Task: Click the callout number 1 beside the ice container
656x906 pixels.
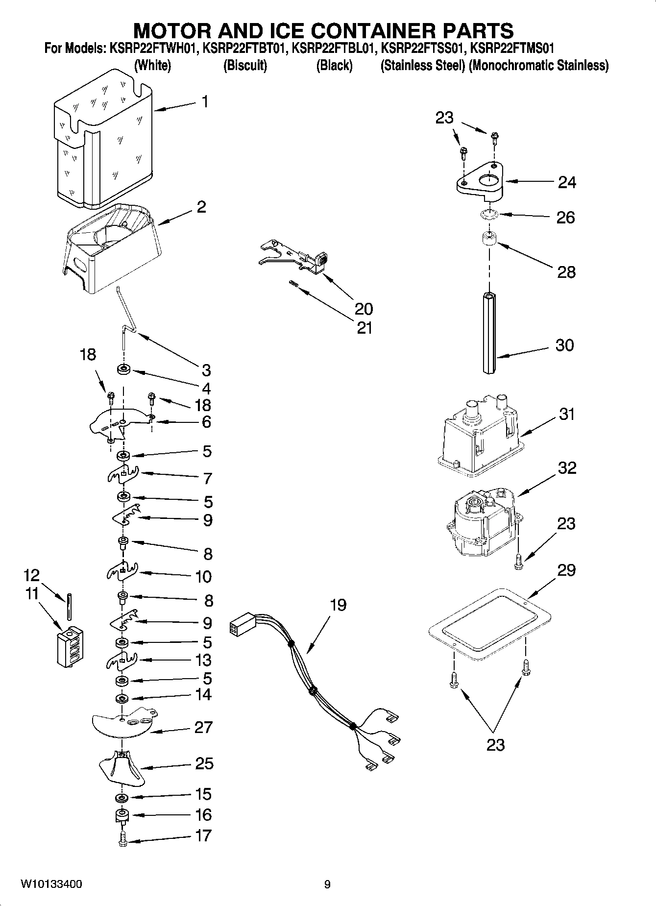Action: [205, 101]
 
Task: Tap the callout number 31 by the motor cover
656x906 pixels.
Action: [566, 414]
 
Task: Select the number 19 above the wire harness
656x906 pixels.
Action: [338, 605]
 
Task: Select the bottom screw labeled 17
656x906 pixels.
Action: [122, 838]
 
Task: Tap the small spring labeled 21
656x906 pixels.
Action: [292, 283]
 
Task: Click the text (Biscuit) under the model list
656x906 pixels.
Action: [245, 65]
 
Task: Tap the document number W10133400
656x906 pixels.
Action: [51, 884]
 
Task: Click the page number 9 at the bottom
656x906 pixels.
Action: [327, 884]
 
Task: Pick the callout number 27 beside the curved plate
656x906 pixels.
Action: [203, 727]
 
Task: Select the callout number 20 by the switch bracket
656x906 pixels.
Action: [364, 308]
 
